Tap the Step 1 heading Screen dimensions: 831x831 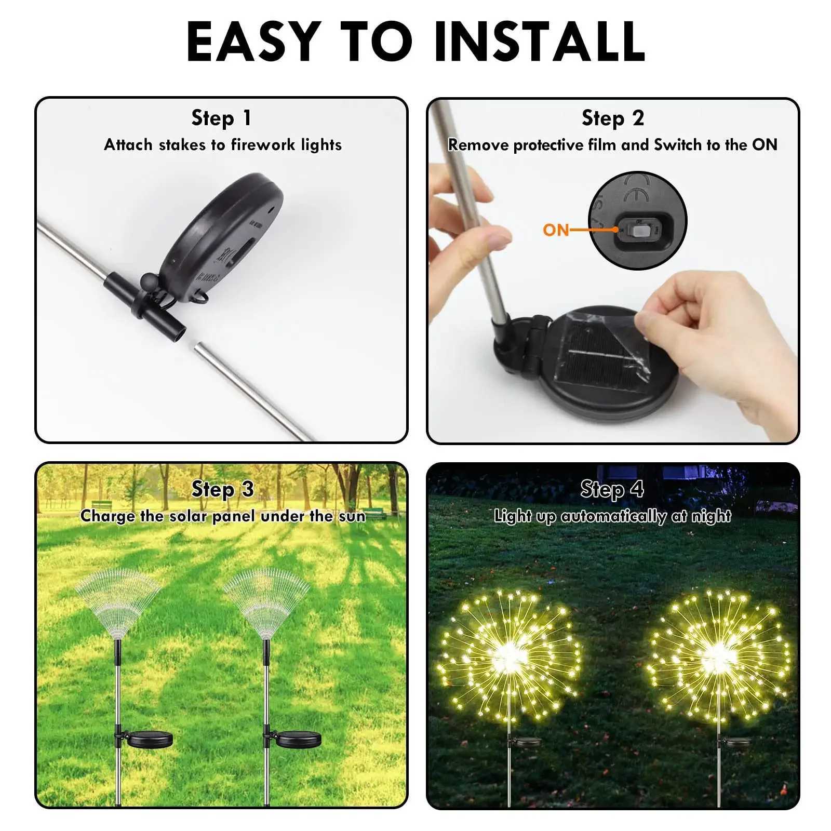click(222, 118)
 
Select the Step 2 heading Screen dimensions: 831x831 click(613, 118)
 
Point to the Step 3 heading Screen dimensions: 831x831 click(222, 489)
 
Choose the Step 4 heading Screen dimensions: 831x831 click(612, 489)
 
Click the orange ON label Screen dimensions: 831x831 click(556, 230)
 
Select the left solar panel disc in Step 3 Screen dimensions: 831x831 click(150, 739)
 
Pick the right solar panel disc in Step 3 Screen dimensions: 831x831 click(298, 739)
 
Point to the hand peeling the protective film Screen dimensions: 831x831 click(717, 332)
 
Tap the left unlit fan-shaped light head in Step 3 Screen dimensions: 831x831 click(117, 602)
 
